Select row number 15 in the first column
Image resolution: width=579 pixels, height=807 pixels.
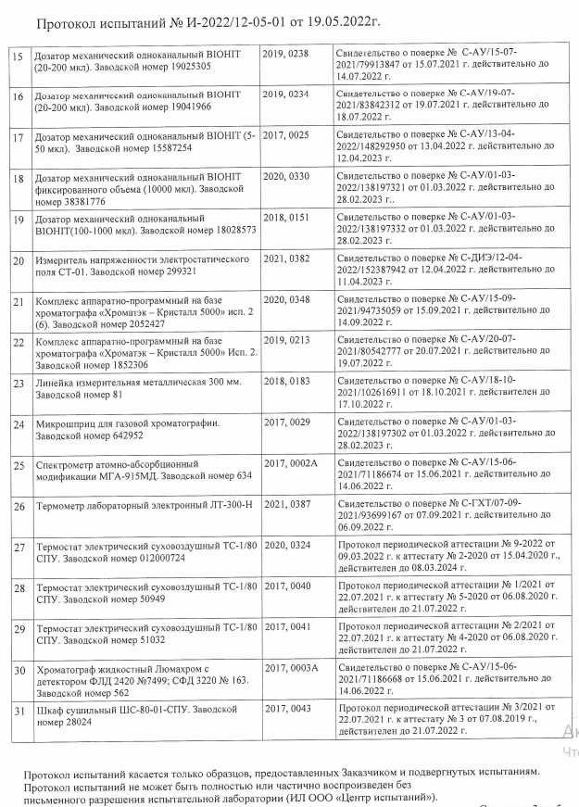[x=17, y=56]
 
